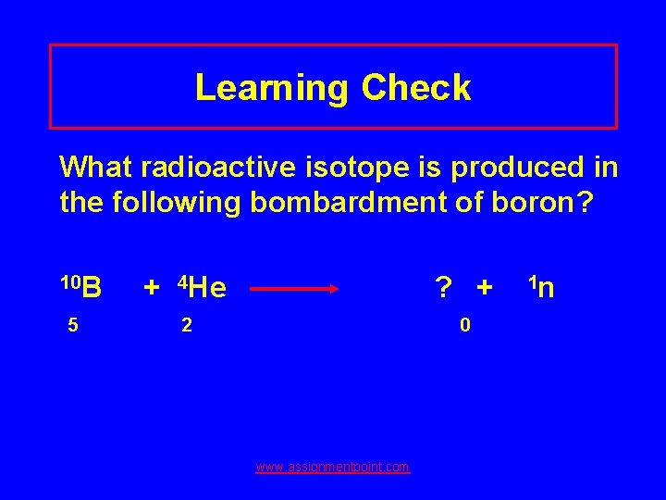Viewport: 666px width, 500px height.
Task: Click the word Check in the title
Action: pos(416,88)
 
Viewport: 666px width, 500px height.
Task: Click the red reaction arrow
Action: pos(296,289)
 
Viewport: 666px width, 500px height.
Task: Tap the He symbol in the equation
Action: pos(209,289)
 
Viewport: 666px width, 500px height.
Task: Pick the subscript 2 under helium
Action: pos(186,325)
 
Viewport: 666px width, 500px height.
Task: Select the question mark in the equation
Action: pos(445,289)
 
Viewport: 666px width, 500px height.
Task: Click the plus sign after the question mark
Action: pos(484,289)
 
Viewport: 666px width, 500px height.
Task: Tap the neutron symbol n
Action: pos(546,289)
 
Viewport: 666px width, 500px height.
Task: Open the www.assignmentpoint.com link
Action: pos(333,468)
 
